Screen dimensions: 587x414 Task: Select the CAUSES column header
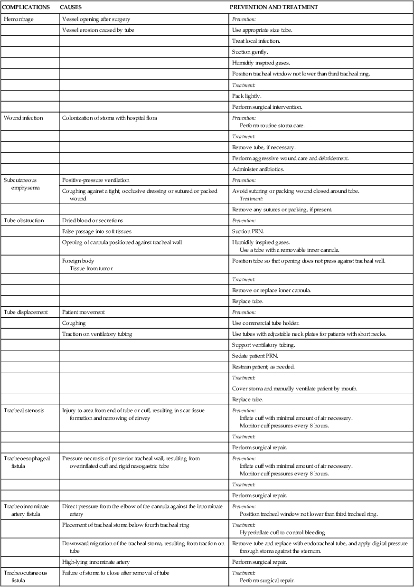(71, 8)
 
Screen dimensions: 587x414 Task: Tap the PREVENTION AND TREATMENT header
(273, 8)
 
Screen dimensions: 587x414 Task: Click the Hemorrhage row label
(18, 19)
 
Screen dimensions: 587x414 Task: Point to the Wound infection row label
(23, 118)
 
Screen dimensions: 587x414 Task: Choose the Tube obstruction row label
(24, 220)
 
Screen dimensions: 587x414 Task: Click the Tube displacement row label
(26, 312)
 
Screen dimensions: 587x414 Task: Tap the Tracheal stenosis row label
(24, 410)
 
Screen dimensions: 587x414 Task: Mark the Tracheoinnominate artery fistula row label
(26, 510)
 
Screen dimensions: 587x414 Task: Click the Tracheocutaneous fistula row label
(25, 576)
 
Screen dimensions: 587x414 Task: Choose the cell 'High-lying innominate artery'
(95, 562)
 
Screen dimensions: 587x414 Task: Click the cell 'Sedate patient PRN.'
(255, 356)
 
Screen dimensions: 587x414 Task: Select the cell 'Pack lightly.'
(247, 96)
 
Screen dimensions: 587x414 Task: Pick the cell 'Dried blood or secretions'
(92, 220)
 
